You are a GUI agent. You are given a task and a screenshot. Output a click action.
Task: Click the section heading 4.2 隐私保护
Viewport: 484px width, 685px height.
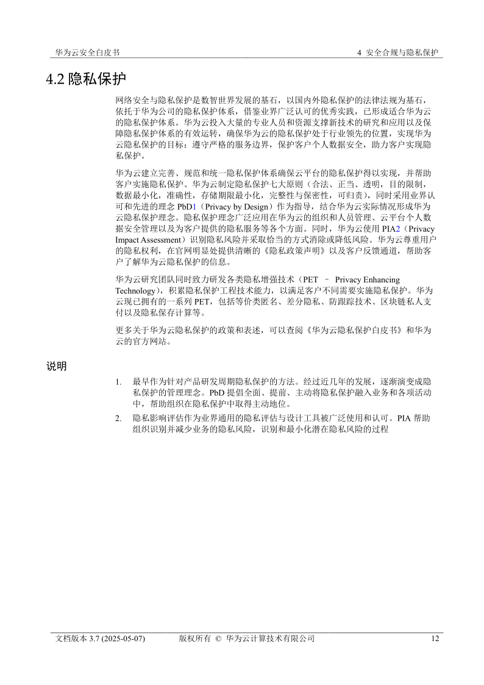[86, 79]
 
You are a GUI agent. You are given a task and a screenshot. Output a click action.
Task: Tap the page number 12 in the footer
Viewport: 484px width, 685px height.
[435, 639]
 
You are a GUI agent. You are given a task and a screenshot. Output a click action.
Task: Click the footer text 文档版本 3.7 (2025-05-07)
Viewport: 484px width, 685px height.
[100, 639]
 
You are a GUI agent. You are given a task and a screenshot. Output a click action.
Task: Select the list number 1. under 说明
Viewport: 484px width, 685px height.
[118, 382]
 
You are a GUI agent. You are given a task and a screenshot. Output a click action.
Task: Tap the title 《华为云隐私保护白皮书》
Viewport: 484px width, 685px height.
[343, 330]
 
